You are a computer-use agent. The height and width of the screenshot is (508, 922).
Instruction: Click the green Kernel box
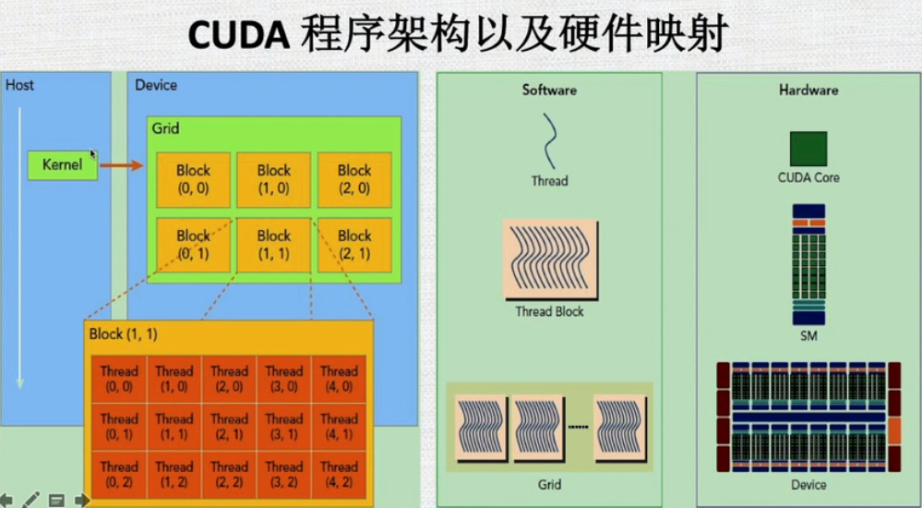coord(62,165)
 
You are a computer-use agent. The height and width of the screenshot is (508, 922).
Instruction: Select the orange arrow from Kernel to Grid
coord(121,165)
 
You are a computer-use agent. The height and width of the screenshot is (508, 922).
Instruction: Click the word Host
coord(19,85)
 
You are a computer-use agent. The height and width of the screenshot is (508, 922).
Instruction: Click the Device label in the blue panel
coord(156,85)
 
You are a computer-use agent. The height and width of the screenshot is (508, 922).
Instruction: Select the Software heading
coord(549,90)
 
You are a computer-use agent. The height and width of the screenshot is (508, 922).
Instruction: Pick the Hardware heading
coord(808,90)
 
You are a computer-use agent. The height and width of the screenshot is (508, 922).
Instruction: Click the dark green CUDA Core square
coord(808,149)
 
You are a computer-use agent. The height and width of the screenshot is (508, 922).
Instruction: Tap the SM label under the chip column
coord(808,336)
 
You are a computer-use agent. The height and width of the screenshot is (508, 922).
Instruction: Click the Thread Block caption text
coord(549,311)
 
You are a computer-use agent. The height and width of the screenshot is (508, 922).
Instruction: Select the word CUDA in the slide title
coord(240,35)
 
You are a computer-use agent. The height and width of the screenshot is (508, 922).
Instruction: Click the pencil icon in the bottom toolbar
coord(31,500)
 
